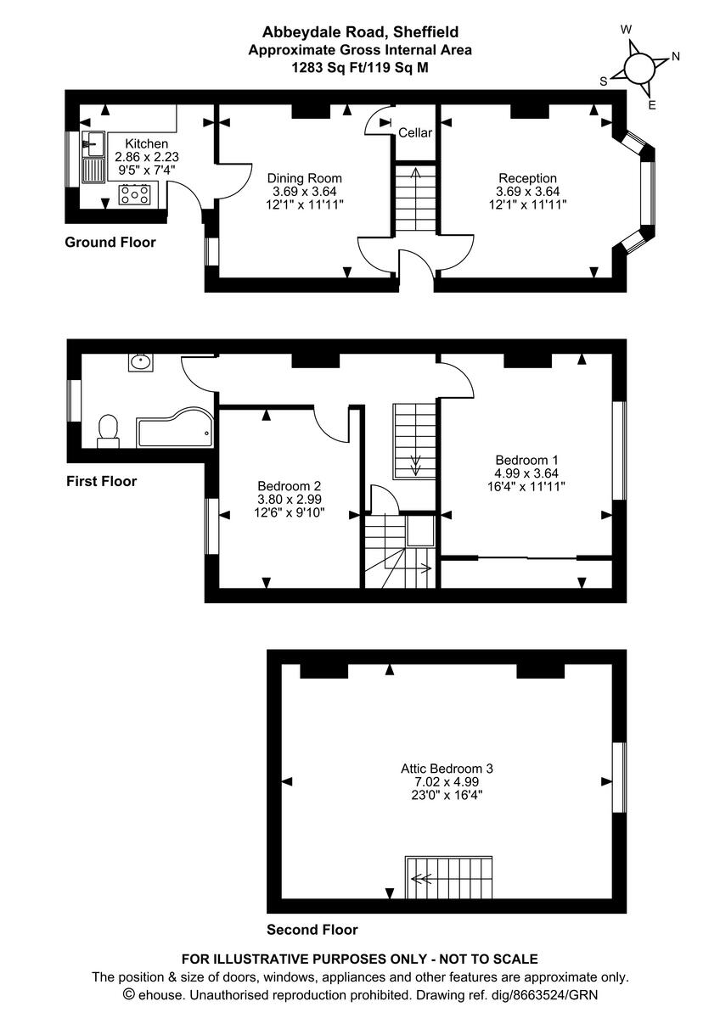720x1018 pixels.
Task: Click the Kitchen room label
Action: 146,143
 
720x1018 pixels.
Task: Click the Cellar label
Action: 415,133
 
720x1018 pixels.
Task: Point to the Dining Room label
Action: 304,178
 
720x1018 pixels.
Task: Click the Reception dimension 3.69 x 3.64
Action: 527,192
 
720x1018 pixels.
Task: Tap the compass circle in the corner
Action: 639,68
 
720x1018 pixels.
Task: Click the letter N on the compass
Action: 676,57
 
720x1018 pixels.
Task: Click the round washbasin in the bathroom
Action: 141,363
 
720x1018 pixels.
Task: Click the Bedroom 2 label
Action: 290,486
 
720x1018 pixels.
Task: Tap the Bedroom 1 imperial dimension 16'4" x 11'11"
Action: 528,486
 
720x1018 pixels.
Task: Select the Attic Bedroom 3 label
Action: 447,769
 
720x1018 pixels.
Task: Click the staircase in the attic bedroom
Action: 449,879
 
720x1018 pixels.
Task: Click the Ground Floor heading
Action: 110,243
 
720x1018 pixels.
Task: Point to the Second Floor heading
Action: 312,929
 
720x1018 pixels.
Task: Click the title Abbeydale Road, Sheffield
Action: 360,32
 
